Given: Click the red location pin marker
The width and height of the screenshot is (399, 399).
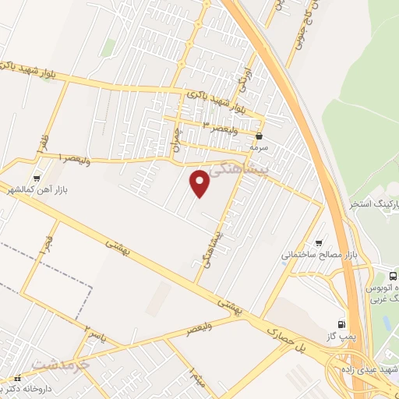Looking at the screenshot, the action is pos(200,183).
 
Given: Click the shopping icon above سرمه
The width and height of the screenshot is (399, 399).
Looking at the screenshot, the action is pos(259,136).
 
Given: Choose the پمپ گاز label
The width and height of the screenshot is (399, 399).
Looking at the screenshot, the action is pos(344,335).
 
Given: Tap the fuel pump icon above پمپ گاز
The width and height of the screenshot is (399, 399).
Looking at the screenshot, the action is pos(341,323).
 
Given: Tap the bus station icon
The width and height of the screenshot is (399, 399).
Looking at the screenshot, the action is pos(392,277).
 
